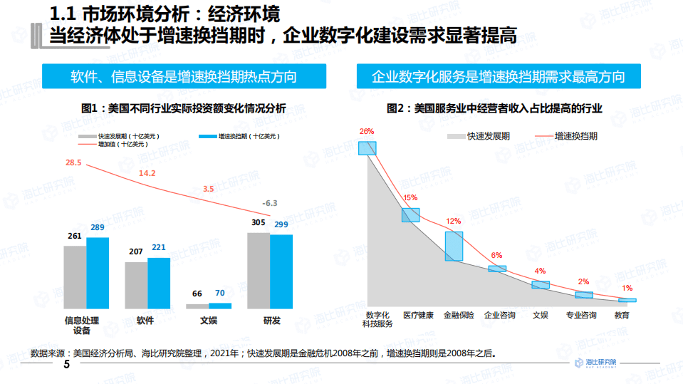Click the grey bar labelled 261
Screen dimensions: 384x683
click(x=75, y=277)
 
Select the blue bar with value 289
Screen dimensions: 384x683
click(x=98, y=273)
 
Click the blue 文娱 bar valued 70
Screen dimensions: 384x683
click(x=220, y=306)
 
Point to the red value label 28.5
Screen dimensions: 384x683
click(x=73, y=163)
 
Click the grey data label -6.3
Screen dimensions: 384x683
click(x=269, y=203)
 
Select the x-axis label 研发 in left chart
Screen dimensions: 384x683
click(x=271, y=321)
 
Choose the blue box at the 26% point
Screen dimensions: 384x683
click(x=367, y=148)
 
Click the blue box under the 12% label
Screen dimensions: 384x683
click(x=454, y=246)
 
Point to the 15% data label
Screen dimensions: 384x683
click(x=410, y=198)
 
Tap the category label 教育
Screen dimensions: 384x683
click(x=621, y=315)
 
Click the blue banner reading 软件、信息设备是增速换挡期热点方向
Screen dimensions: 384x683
click(x=184, y=77)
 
